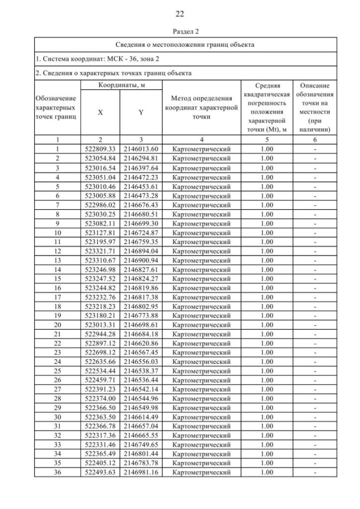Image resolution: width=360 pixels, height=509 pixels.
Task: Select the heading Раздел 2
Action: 179,31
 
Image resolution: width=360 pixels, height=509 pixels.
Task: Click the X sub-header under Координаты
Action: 100,112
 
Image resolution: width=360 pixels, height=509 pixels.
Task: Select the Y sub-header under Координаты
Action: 141,112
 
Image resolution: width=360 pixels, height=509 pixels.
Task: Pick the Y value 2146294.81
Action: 141,158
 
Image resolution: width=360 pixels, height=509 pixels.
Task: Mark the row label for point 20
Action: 57,325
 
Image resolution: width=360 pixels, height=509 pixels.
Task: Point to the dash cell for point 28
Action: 315,399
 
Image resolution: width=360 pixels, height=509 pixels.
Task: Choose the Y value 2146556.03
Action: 141,362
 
